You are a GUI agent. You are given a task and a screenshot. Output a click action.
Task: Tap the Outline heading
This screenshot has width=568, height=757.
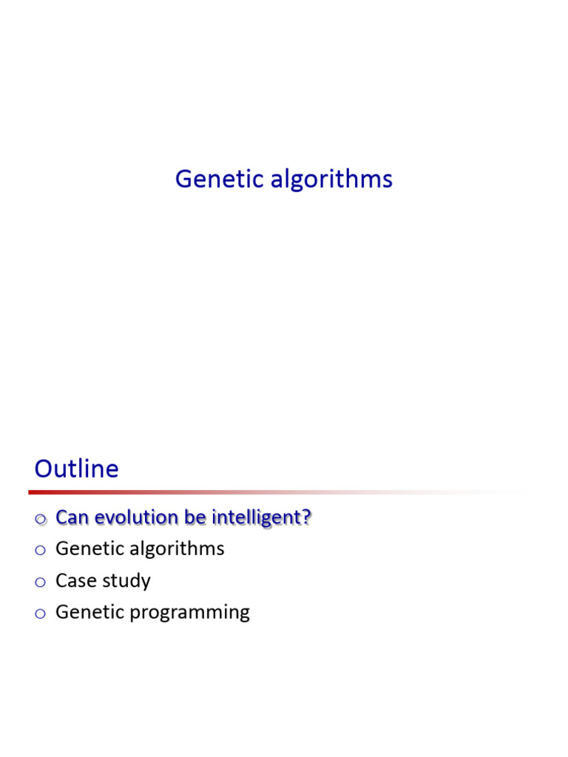(x=76, y=469)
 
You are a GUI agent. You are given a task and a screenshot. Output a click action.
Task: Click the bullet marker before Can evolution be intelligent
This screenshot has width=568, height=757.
(x=40, y=519)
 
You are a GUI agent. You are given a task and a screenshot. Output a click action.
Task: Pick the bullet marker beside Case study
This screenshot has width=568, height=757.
(x=40, y=583)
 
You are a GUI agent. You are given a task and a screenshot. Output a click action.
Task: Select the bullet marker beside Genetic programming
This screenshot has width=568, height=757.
(x=40, y=614)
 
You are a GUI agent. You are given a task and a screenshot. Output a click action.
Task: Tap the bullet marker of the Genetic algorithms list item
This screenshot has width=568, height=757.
(x=40, y=550)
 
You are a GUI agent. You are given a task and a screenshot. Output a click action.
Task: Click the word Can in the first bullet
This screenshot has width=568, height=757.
(x=71, y=517)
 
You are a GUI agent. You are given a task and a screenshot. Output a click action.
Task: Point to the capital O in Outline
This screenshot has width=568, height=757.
(x=45, y=469)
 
